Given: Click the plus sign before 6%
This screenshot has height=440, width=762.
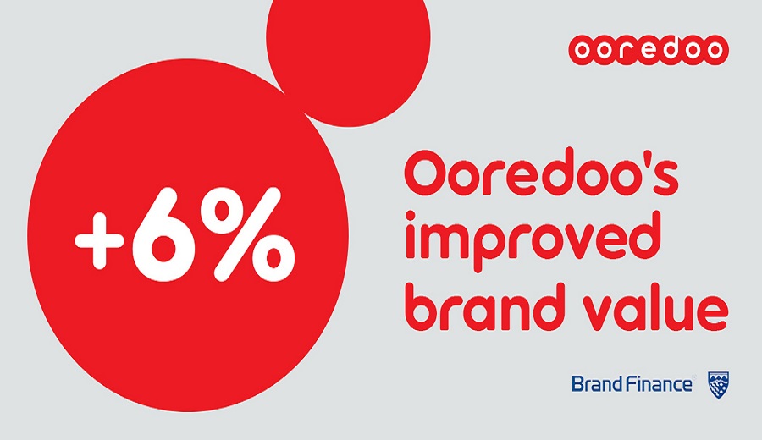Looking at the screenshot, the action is pos(98,240).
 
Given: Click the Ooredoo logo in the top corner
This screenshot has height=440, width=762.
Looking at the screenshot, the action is pos(649,50).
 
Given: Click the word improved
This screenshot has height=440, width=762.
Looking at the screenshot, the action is pos(533,241).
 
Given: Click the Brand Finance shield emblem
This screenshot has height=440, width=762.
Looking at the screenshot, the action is pos(718,385).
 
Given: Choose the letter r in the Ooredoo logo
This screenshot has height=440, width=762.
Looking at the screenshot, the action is pos(625,50).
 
